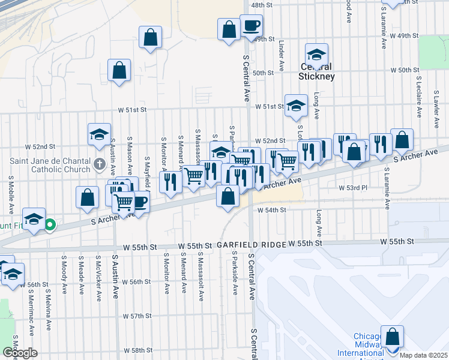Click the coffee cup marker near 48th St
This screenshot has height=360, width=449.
point(251,25)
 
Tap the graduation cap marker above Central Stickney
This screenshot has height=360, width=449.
point(316,54)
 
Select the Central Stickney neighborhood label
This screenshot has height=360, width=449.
point(317,71)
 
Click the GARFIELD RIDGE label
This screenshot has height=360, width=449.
point(249,245)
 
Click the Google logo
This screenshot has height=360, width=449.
point(19,353)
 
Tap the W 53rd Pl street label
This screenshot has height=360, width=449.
point(352,188)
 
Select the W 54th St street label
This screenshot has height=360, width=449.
point(272,210)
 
